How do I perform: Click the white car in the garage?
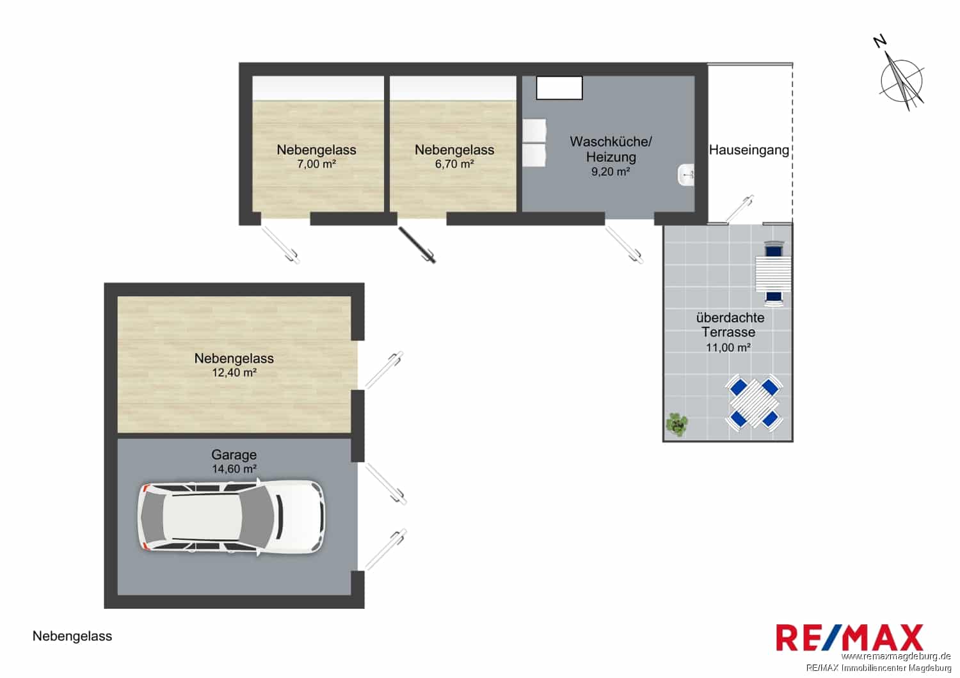click(231, 517)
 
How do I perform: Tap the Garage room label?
click(234, 454)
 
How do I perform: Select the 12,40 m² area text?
click(234, 373)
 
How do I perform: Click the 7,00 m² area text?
click(317, 164)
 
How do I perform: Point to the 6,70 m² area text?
click(454, 164)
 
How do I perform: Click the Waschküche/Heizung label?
click(611, 149)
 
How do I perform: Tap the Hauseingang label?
click(749, 150)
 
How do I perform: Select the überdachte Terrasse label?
click(730, 325)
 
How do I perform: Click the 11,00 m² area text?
click(728, 347)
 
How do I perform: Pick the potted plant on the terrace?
click(677, 425)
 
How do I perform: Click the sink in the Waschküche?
click(686, 175)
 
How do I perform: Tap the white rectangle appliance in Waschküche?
click(559, 88)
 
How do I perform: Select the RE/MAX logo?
click(849, 638)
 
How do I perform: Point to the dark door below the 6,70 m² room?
click(417, 245)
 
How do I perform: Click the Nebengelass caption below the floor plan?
click(72, 636)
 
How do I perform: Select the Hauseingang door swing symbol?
click(740, 209)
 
